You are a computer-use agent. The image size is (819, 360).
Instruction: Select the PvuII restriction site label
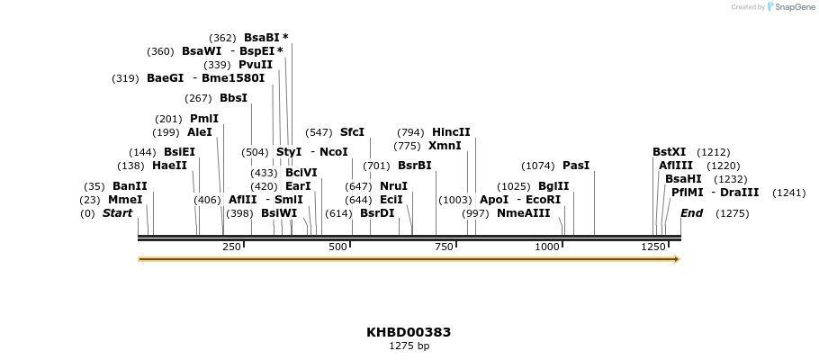[x=256, y=65]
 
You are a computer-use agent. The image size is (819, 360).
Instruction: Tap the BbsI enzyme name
[x=233, y=98]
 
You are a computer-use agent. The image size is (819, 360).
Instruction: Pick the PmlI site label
[x=204, y=119]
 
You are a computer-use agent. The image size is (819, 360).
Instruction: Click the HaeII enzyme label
[x=169, y=166]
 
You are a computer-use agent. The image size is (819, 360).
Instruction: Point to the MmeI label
[x=125, y=200]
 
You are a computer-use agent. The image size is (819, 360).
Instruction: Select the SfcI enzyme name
[x=352, y=132]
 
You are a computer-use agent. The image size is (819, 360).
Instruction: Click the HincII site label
[x=451, y=132]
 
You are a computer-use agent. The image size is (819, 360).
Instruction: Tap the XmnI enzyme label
[x=445, y=146]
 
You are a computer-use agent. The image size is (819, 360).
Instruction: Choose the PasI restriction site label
[x=576, y=166]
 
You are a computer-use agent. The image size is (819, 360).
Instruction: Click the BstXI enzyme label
[x=669, y=152]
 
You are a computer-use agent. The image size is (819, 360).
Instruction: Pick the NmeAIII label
[x=523, y=213]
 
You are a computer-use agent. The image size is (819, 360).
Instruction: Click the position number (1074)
[x=538, y=166]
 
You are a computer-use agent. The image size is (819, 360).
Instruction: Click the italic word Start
[x=117, y=213]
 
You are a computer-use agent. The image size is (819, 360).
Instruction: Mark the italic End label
[x=691, y=213]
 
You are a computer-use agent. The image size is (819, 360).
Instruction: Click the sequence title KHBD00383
[x=409, y=332]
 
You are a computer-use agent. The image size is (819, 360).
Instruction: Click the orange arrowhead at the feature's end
[x=676, y=259]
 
